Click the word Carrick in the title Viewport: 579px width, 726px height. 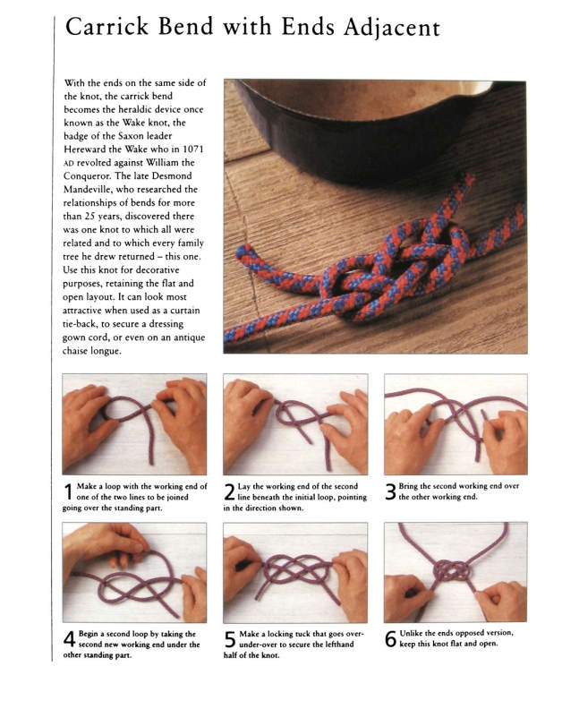point(106,27)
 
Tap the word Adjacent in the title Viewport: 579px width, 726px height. point(392,29)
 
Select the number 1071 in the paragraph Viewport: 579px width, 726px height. point(193,149)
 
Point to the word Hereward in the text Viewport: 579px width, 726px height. point(82,149)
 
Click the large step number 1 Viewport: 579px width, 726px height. point(69,491)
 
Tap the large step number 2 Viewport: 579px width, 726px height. point(230,491)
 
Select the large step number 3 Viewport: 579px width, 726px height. point(391,491)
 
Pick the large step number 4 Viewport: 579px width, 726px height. point(70,639)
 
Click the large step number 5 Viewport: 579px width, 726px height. point(230,639)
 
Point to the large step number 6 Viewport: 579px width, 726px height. point(391,639)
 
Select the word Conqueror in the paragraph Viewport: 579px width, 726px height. point(86,176)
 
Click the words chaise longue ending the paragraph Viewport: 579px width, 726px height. point(92,351)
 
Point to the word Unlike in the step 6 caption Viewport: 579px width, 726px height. point(411,633)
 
